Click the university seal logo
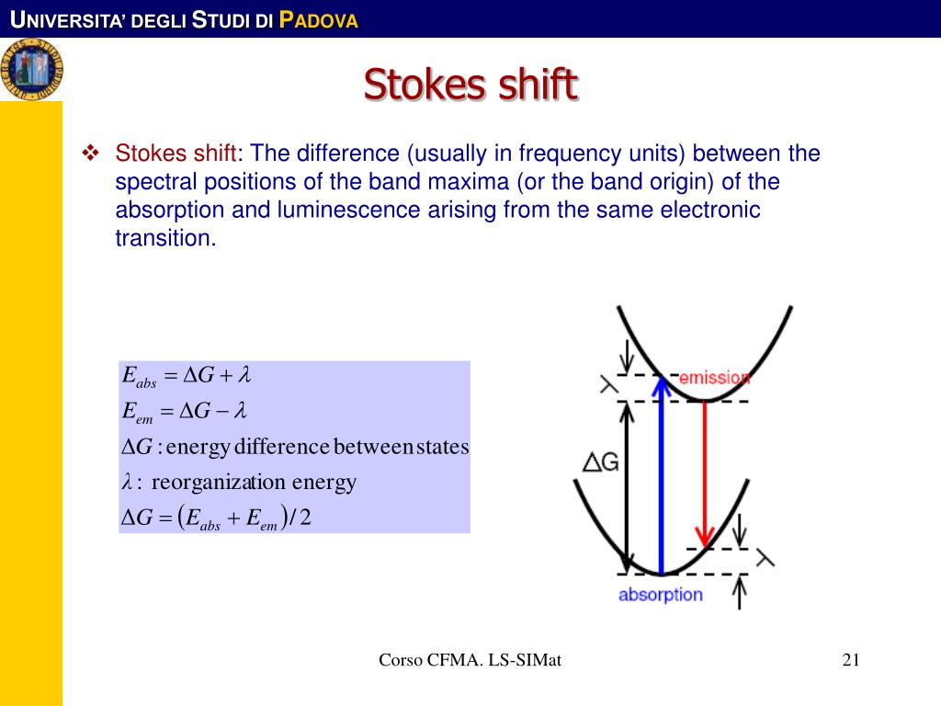pos(32,69)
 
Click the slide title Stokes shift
pos(470,85)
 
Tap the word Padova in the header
pos(317,19)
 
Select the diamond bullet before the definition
pos(91,153)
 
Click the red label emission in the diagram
pos(714,377)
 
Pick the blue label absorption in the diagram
pos(660,595)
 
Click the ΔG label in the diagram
pos(600,461)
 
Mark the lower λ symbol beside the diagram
pos(765,559)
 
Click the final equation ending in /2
pos(217,518)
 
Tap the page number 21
pos(850,659)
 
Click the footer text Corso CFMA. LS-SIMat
pos(470,659)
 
